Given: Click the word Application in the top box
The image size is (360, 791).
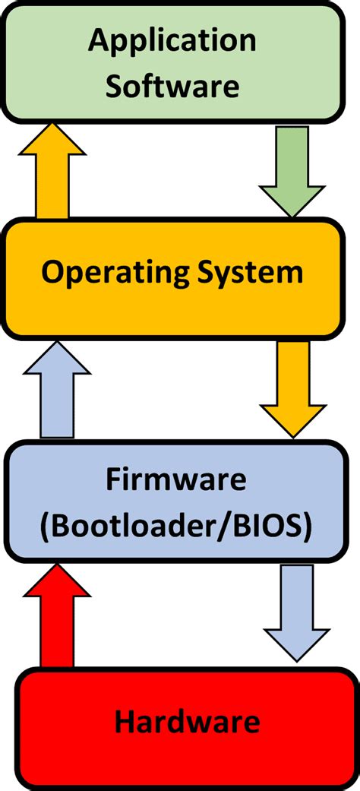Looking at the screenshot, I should [172, 40].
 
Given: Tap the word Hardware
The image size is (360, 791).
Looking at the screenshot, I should [187, 720].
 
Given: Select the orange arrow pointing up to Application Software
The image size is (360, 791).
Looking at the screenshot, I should [53, 171].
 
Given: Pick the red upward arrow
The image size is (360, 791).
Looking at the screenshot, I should [57, 615].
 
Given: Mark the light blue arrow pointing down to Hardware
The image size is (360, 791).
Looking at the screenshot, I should [297, 612].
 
